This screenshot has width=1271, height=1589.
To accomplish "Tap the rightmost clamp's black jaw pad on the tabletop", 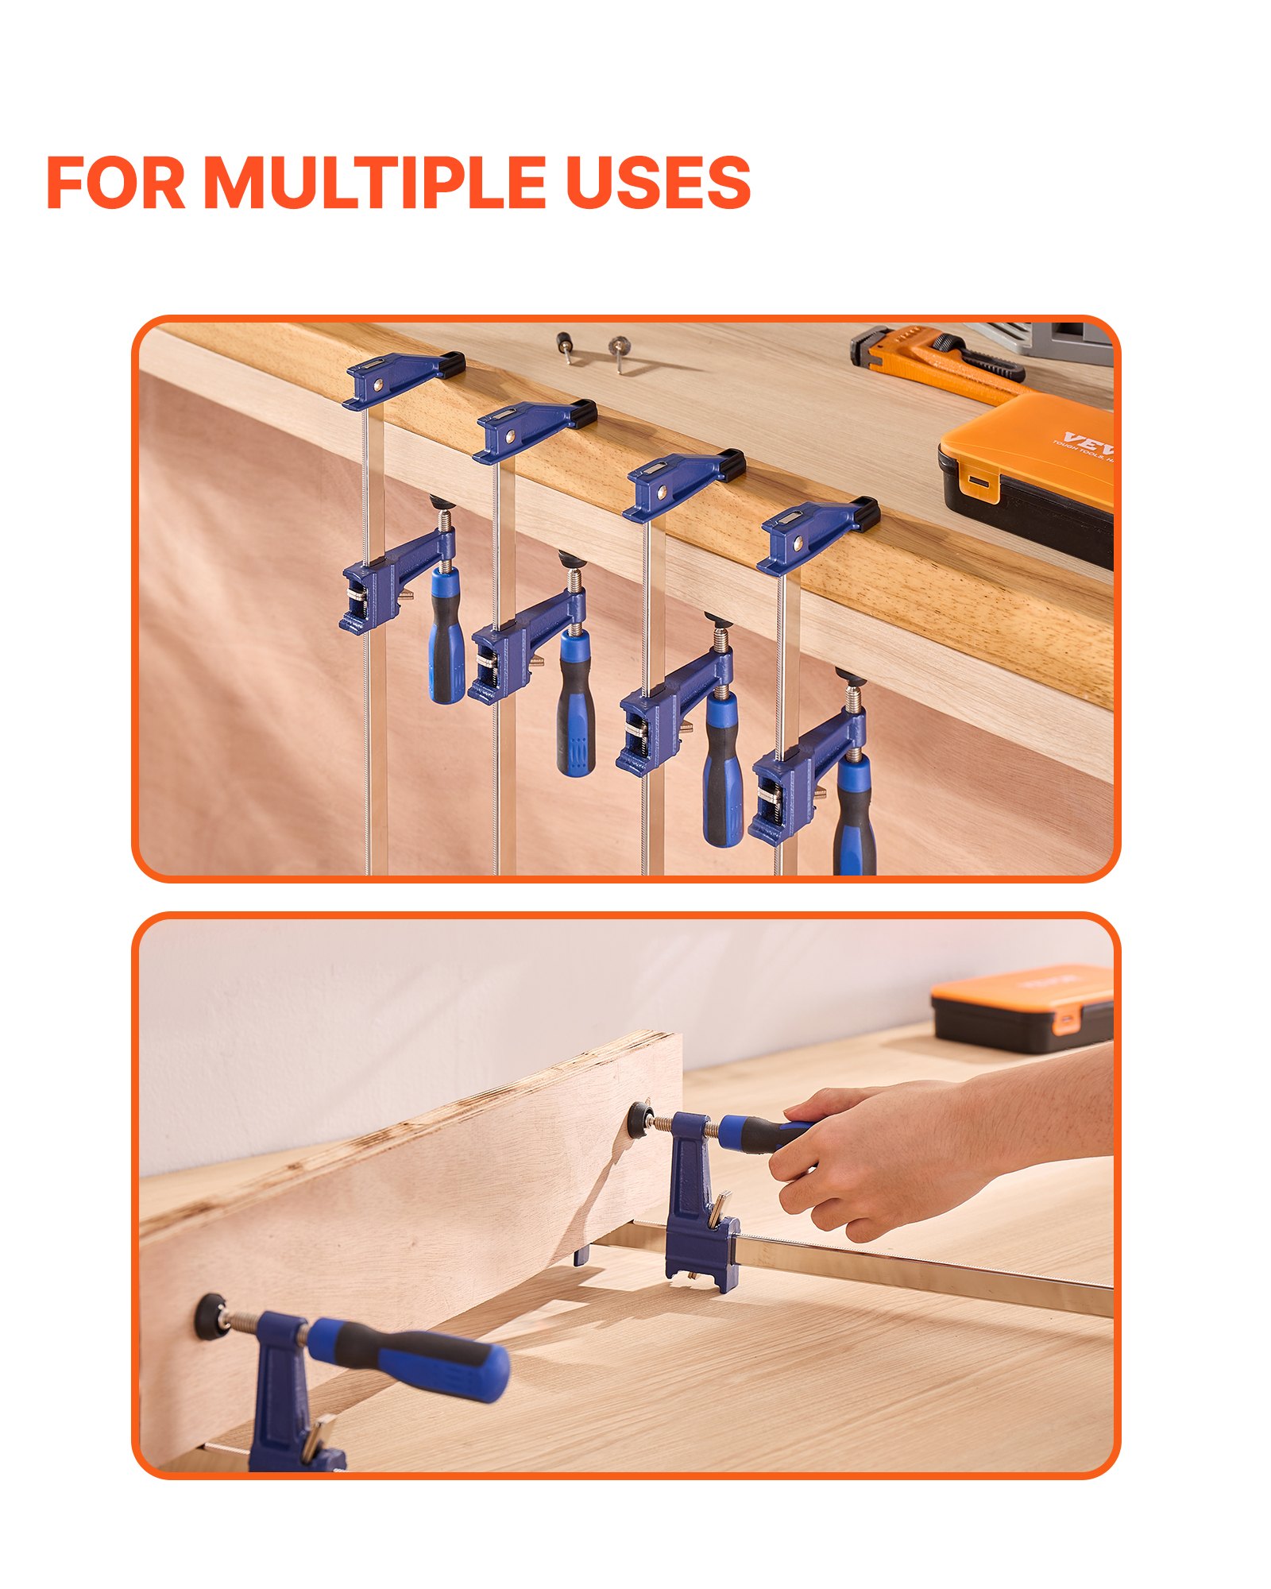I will click(867, 512).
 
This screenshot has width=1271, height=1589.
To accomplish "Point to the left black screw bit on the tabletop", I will click(565, 346).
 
